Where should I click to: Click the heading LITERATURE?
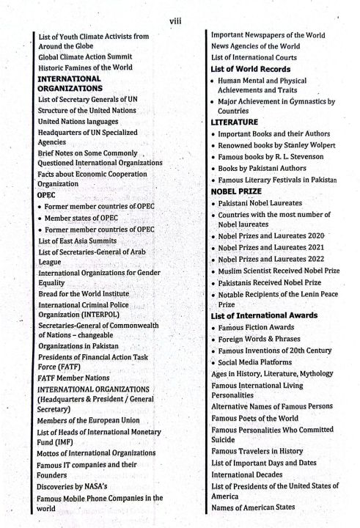click(233, 122)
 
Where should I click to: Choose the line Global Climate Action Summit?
click(85, 56)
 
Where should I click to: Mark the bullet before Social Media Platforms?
click(211, 362)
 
